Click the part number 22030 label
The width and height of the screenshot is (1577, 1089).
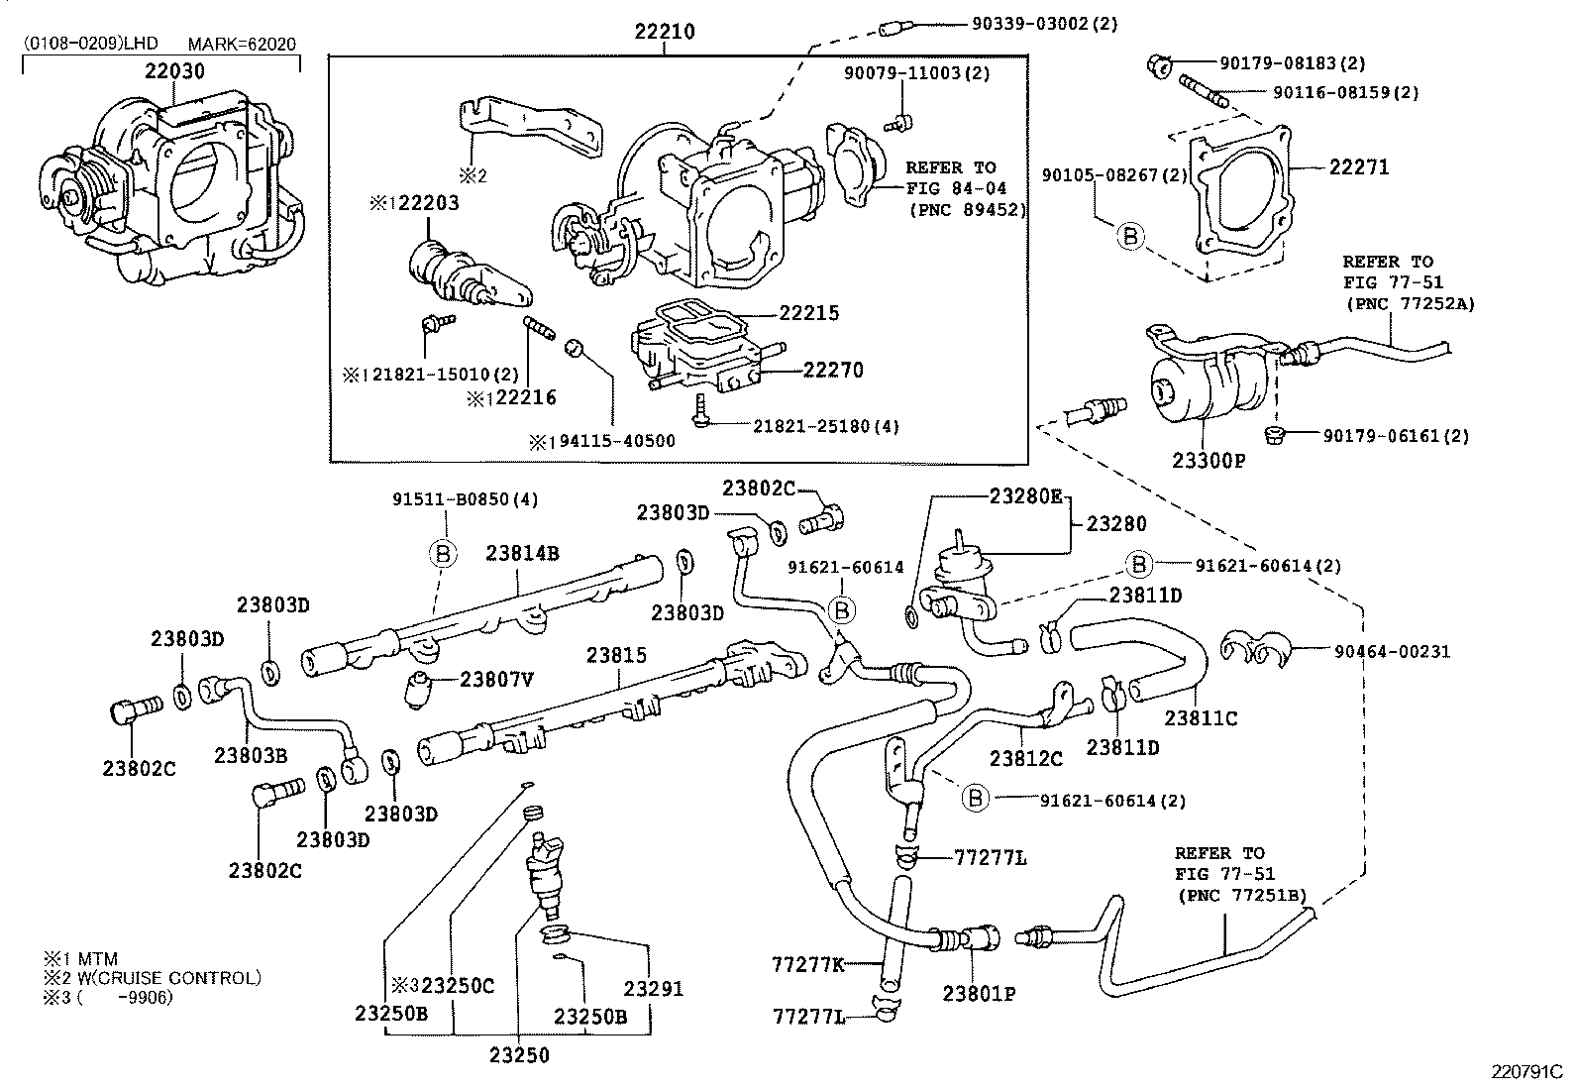pyautogui.click(x=174, y=71)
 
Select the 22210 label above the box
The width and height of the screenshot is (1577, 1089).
pyautogui.click(x=665, y=32)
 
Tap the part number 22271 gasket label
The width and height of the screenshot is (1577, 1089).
pyautogui.click(x=1358, y=167)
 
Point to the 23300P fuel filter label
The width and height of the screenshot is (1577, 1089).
pyautogui.click(x=1208, y=461)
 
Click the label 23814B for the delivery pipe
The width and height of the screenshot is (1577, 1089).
pyautogui.click(x=522, y=553)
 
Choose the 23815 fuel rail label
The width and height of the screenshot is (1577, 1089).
pyautogui.click(x=615, y=655)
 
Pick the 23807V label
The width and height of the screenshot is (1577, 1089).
pyautogui.click(x=496, y=679)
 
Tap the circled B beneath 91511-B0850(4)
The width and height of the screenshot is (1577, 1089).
pyautogui.click(x=443, y=554)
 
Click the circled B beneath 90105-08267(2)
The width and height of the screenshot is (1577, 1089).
pyautogui.click(x=1130, y=236)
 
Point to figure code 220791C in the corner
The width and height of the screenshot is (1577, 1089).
pyautogui.click(x=1526, y=1071)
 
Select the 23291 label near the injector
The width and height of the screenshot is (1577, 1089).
pyautogui.click(x=653, y=988)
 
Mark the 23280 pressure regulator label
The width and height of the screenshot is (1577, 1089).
pyautogui.click(x=1116, y=523)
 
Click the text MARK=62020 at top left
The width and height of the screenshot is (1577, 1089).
pyautogui.click(x=242, y=45)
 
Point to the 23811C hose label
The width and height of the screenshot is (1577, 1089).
pyautogui.click(x=1201, y=718)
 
